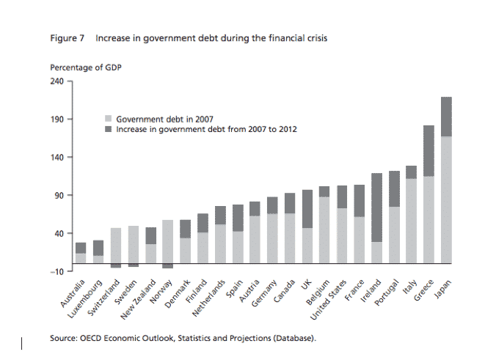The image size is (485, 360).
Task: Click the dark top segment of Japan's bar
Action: click(x=446, y=117)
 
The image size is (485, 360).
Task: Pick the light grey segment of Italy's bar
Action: click(x=411, y=220)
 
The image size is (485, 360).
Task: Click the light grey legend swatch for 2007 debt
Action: click(x=110, y=118)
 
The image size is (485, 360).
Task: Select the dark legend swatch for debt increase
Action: click(x=110, y=128)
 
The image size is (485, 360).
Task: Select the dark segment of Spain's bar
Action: click(x=238, y=218)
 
